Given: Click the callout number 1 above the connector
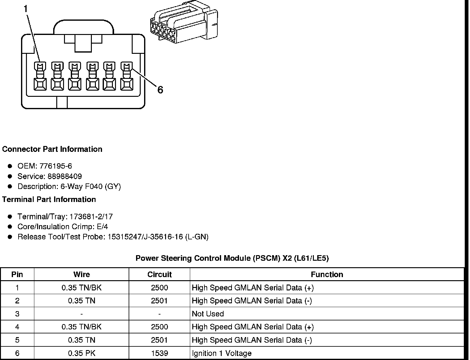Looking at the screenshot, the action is tap(26, 9).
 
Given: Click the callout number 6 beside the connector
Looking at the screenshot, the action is tap(160, 90).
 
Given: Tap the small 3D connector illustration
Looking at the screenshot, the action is tap(184, 22).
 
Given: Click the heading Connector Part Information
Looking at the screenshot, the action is tap(52, 149).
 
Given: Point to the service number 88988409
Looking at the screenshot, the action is tap(64, 176).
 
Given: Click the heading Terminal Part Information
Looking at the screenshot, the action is tap(49, 199).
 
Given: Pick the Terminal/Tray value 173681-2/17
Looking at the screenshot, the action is tap(91, 216).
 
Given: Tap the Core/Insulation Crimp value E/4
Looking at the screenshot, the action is tap(102, 227).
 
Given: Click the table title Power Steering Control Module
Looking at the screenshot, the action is tap(232, 258).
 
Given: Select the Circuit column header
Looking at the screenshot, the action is tap(159, 274).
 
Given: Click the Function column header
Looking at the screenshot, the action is tap(327, 274).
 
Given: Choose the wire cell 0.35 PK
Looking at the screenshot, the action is tap(82, 353).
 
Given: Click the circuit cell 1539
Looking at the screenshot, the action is tap(159, 353).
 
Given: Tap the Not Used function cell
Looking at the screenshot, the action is tap(208, 314).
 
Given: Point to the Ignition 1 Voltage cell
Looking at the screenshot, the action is tap(222, 353).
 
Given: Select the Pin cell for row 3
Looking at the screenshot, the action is tap(17, 314).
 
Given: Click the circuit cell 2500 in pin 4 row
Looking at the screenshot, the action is tap(159, 327).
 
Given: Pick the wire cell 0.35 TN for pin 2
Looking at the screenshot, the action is tap(82, 301).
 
